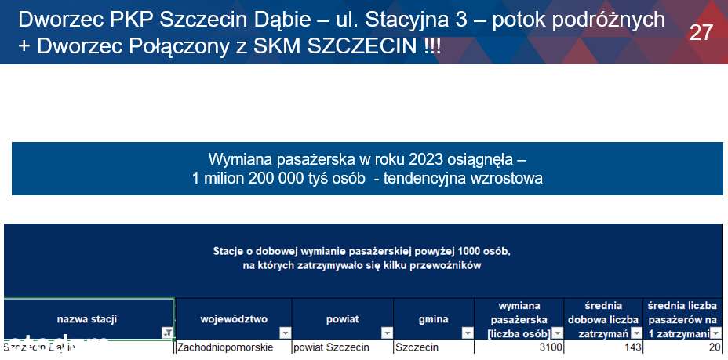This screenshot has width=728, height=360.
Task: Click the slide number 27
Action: [701, 32]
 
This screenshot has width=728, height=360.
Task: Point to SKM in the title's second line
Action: [281, 45]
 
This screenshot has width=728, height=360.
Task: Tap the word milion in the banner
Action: [225, 178]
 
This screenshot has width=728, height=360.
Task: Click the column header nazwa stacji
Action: [87, 319]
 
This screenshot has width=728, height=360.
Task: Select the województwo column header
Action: [233, 319]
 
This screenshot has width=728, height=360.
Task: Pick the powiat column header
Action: [342, 319]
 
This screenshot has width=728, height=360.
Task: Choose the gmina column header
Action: [433, 319]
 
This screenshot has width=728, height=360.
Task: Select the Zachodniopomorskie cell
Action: [225, 347]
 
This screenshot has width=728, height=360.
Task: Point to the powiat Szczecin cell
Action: [329, 347]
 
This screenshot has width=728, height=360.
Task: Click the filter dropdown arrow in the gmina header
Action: [468, 333]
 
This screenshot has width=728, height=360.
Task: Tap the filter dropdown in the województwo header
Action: [285, 333]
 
